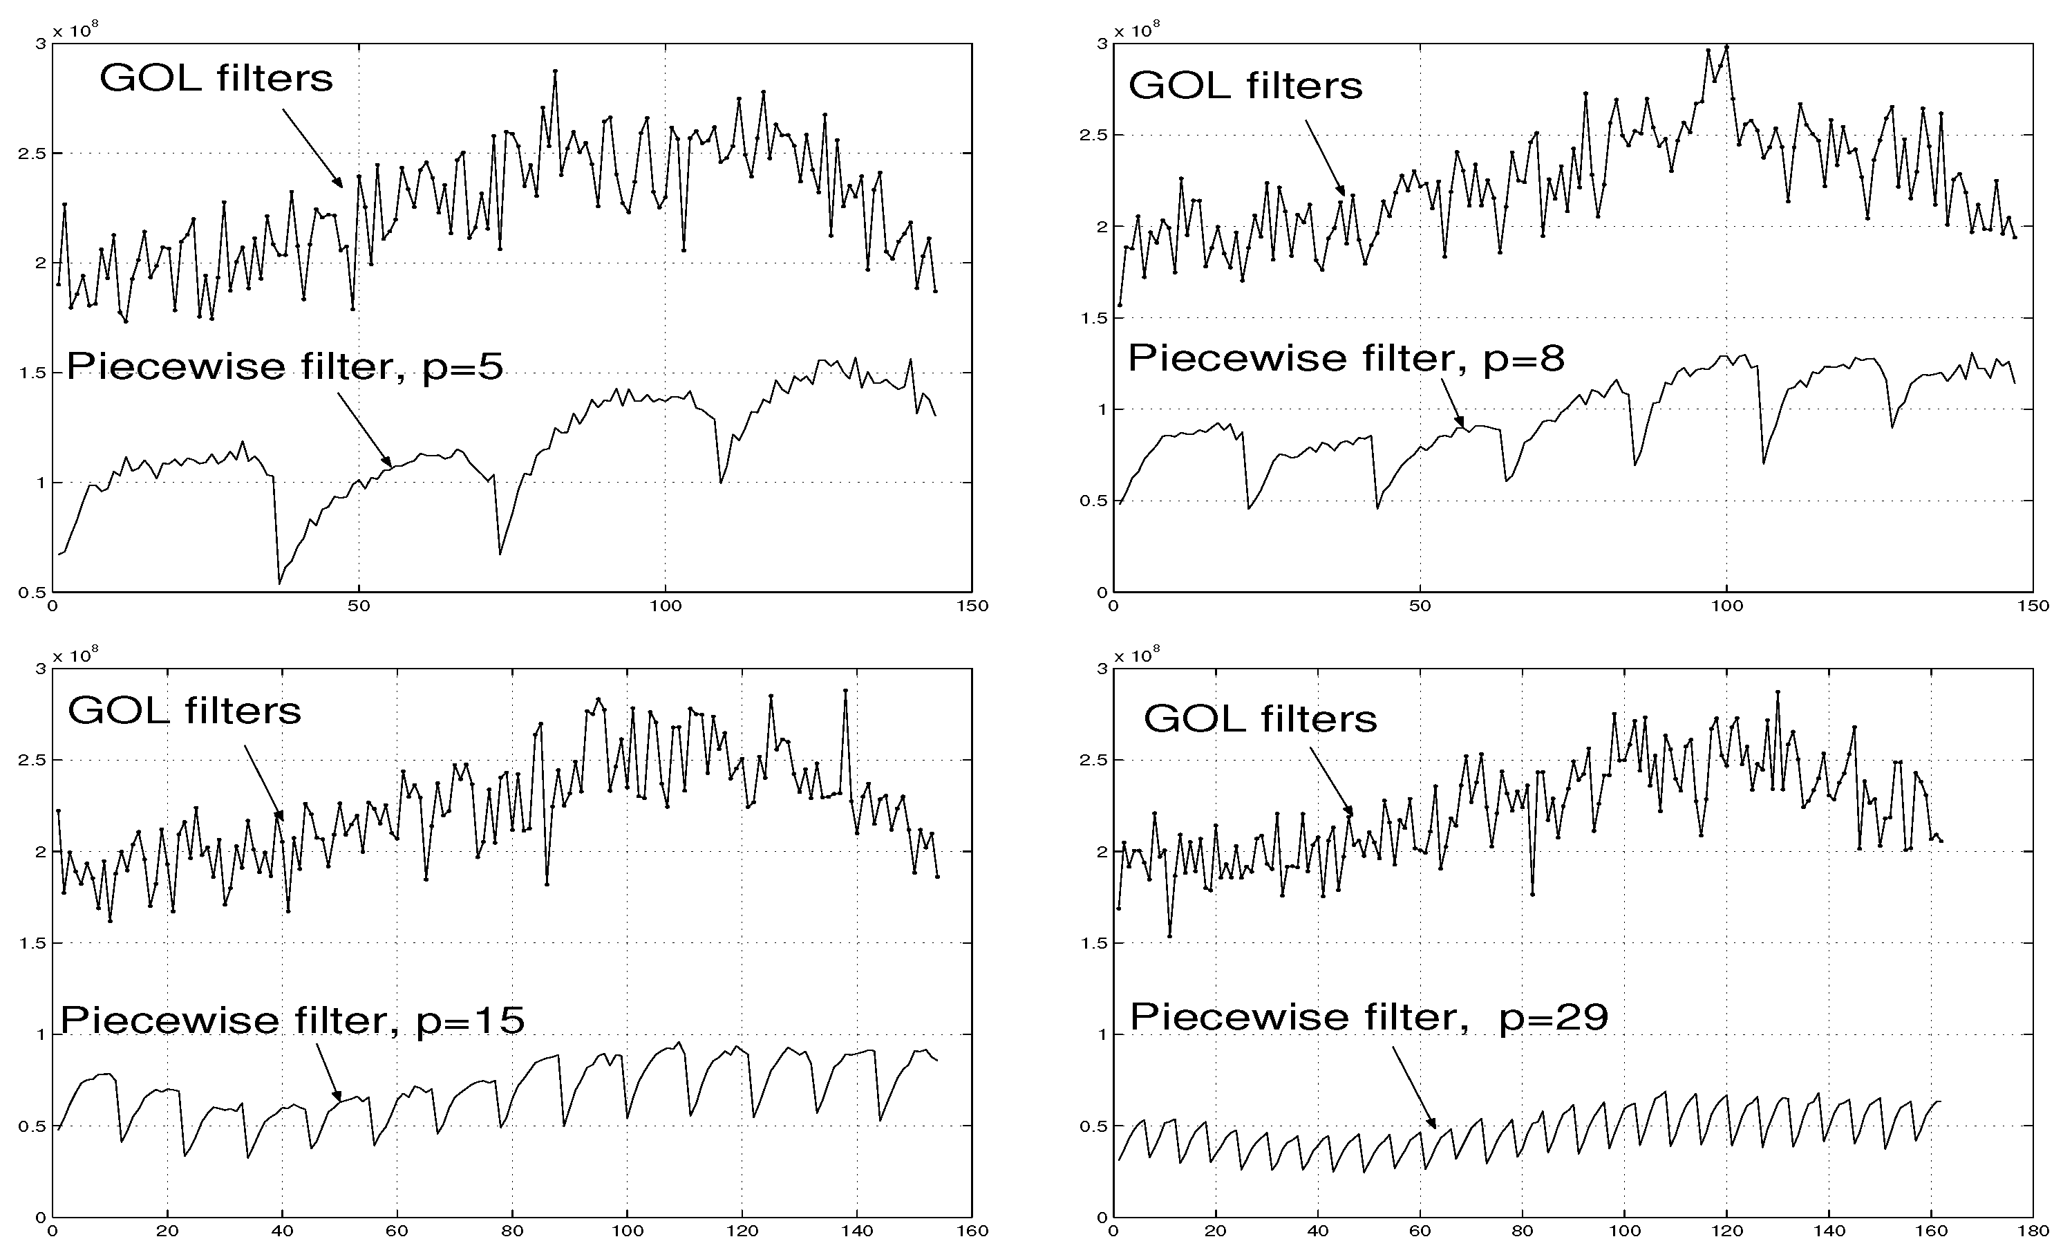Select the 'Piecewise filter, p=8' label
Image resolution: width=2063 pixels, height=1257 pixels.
pos(1346,358)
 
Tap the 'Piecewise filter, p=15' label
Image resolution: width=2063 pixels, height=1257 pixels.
pos(292,1020)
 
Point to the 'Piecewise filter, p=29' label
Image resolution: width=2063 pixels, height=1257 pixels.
pos(1369,1016)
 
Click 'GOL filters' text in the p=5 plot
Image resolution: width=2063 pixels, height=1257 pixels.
pos(216,79)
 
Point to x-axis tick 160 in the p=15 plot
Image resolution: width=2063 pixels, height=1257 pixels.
pos(972,1231)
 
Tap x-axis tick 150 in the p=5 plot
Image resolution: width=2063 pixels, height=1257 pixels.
pos(972,606)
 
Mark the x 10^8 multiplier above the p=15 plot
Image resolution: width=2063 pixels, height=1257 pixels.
pos(75,655)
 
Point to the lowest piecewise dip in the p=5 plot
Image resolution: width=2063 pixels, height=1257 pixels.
pos(279,583)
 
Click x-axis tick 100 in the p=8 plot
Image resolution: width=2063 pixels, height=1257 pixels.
pos(1726,606)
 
